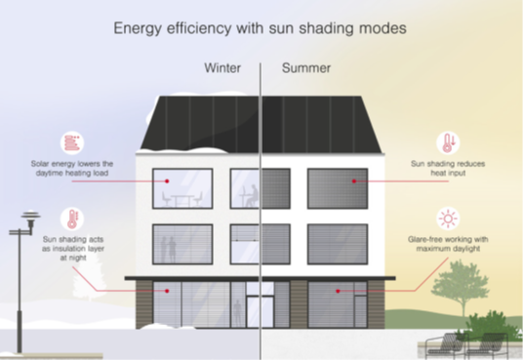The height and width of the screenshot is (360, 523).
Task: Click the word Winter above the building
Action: pyautogui.click(x=222, y=68)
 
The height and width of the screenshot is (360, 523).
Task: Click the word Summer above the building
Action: pyautogui.click(x=306, y=68)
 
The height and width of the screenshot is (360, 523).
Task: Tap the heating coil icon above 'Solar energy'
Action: pyautogui.click(x=72, y=142)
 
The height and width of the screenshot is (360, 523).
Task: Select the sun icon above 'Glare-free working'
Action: pyautogui.click(x=448, y=219)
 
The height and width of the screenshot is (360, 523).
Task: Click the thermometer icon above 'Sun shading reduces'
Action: pyautogui.click(x=448, y=142)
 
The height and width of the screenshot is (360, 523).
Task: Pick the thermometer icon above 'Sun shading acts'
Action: pyautogui.click(x=72, y=219)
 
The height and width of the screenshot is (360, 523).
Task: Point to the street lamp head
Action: pyautogui.click(x=30, y=217)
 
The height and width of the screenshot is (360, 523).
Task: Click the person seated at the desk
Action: pyautogui.click(x=252, y=195)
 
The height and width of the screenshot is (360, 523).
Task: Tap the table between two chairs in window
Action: pyautogui.click(x=182, y=200)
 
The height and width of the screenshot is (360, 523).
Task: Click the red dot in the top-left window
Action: pyautogui.click(x=167, y=181)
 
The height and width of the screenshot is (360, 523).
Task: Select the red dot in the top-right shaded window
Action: pyautogui.click(x=354, y=181)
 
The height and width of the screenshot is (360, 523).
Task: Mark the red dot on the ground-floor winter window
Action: pyautogui.click(x=167, y=291)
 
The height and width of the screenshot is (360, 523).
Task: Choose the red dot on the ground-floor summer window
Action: pyautogui.click(x=338, y=291)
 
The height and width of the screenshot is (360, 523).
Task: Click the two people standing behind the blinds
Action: pyautogui.click(x=169, y=250)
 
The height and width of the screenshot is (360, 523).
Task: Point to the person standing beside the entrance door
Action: pyautogui.click(x=237, y=313)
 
